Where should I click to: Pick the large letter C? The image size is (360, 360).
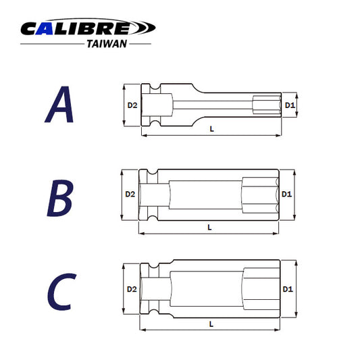(x=61, y=291)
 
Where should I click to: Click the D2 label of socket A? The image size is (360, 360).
(x=133, y=105)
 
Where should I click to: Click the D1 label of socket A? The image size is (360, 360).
(x=288, y=105)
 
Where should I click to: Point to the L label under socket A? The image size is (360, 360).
(x=211, y=129)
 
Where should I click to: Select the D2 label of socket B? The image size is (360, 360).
(x=130, y=195)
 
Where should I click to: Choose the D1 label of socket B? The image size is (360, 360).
(x=286, y=194)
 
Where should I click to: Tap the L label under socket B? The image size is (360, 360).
(x=210, y=228)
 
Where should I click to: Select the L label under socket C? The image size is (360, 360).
(x=211, y=324)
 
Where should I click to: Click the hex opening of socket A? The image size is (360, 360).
(x=265, y=105)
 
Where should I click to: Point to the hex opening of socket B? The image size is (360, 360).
(x=259, y=194)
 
